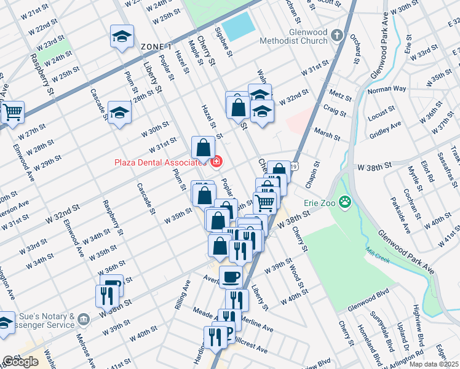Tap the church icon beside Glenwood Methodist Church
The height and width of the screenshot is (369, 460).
click(x=337, y=35)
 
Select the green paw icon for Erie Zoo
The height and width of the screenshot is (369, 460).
click(x=347, y=201)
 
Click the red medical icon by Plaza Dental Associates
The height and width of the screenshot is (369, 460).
click(x=216, y=162)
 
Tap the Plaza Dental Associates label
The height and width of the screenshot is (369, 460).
click(x=159, y=162)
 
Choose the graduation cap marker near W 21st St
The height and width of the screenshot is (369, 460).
click(x=122, y=37)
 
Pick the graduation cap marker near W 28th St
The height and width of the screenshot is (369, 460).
click(x=119, y=113)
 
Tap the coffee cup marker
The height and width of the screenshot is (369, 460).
click(x=231, y=277)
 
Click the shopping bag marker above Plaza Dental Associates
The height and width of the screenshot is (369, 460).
click(x=203, y=148)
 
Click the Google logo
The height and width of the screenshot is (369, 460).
click(x=20, y=362)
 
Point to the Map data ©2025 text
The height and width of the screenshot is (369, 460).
click(x=433, y=364)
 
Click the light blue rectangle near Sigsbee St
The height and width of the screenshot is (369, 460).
click(x=237, y=26)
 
